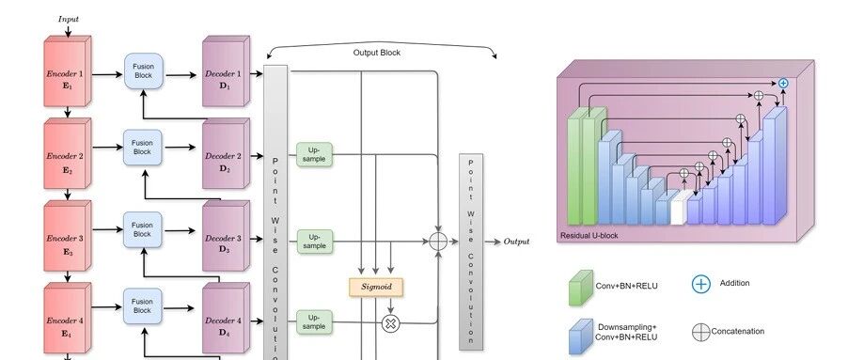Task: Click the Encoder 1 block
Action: click(x=68, y=71)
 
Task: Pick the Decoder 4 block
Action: click(x=226, y=319)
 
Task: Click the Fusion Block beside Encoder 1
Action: click(x=143, y=70)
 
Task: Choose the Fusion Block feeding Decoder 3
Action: click(x=142, y=229)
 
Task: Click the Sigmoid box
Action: click(x=376, y=287)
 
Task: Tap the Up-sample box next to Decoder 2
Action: click(x=314, y=154)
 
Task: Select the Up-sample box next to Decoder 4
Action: click(x=314, y=322)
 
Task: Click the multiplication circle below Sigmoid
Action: click(x=390, y=323)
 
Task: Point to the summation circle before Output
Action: click(x=438, y=242)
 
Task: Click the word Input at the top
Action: click(x=69, y=19)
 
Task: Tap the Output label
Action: click(x=516, y=242)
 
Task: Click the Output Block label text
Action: click(x=377, y=53)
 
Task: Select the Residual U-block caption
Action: click(x=589, y=236)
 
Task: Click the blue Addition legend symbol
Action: click(x=701, y=284)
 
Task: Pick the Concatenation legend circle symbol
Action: click(x=701, y=333)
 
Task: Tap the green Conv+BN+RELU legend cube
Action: click(x=580, y=289)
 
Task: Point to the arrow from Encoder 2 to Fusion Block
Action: click(x=107, y=147)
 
